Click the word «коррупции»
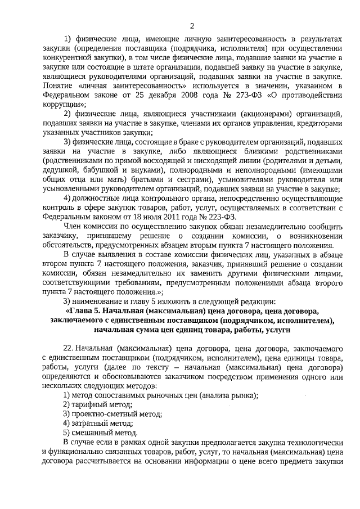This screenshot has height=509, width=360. [64, 104]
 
